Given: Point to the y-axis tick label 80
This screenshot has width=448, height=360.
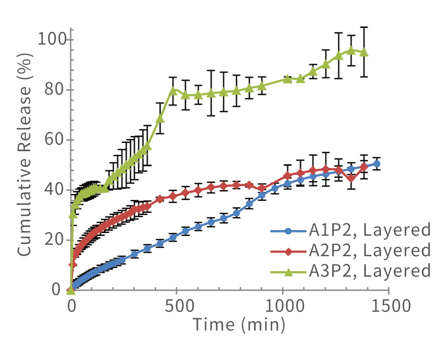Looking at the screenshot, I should tap(56, 90).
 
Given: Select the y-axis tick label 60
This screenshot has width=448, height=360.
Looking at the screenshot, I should tap(56, 140).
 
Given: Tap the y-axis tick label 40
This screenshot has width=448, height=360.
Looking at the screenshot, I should tap(56, 190).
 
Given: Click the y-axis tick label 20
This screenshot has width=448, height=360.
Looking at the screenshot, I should tap(56, 240).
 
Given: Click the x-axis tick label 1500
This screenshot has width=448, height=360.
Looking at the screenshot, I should tap(388, 304).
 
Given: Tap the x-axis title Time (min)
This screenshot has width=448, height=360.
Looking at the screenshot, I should tap(239, 324).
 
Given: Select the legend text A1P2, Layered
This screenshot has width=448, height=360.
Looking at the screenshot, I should tap(369, 230).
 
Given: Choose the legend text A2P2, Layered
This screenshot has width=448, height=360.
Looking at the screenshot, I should tap(369, 250).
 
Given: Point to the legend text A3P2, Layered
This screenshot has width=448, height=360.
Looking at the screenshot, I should tap(369, 271).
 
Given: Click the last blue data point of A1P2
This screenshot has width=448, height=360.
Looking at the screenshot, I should tap(377, 164).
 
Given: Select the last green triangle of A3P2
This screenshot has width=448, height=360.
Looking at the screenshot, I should tap(364, 52).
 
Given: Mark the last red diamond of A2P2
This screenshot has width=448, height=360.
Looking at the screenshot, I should tap(364, 167).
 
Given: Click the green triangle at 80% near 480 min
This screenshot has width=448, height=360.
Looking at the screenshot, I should tap(173, 91).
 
